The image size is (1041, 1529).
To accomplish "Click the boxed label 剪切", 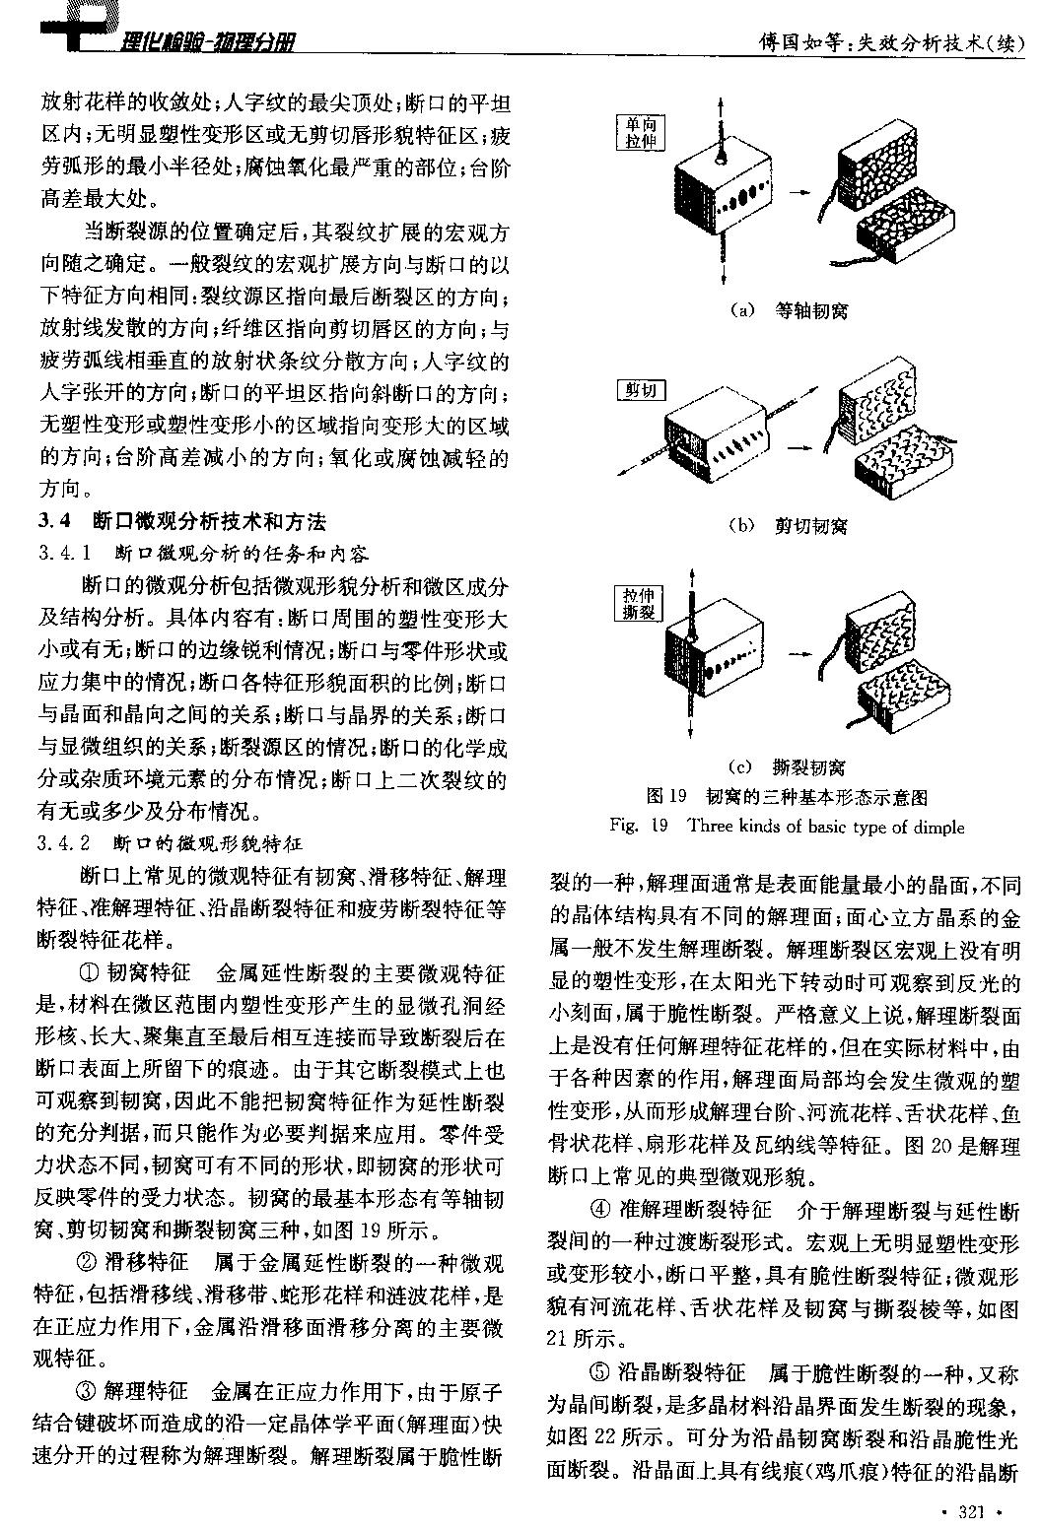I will click(x=640, y=390).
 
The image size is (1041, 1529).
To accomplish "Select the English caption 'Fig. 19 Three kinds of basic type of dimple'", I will click(x=787, y=826).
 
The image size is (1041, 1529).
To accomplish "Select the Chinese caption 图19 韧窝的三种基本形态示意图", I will click(x=787, y=796).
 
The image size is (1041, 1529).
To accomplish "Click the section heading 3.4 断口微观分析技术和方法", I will click(x=183, y=521).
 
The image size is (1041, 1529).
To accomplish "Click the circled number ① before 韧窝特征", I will click(x=89, y=974).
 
